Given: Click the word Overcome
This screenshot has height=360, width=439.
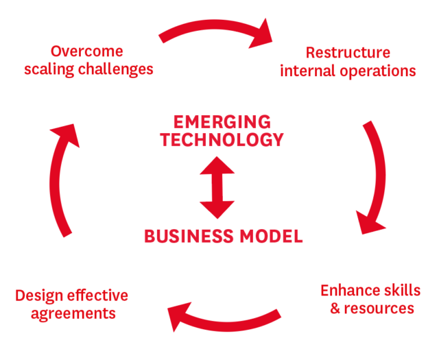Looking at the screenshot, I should pyautogui.click(x=86, y=51).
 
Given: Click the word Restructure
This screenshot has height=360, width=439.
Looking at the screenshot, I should pyautogui.click(x=348, y=53).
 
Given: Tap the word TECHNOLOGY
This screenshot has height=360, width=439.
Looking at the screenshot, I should pyautogui.click(x=217, y=140).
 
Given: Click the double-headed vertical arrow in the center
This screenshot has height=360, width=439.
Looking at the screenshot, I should pyautogui.click(x=217, y=187).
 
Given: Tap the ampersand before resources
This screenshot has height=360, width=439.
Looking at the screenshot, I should pyautogui.click(x=335, y=308).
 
